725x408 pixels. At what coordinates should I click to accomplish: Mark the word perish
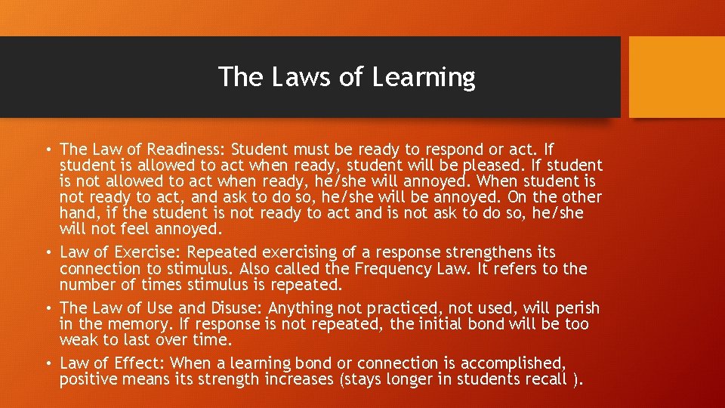tap(575, 308)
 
